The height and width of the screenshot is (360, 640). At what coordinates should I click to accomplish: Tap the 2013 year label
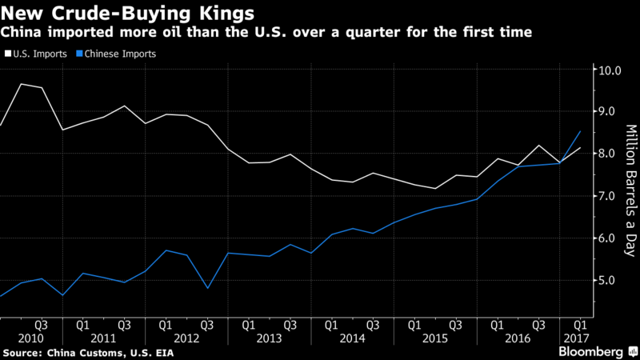coord(269,339)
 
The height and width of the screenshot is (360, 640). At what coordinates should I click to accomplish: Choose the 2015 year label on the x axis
coord(434,339)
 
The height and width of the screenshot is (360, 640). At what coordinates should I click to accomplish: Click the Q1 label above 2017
coord(579,326)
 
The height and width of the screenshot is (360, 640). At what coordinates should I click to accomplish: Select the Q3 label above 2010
coord(41,326)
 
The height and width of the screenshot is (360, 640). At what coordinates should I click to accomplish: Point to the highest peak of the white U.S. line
coord(22,84)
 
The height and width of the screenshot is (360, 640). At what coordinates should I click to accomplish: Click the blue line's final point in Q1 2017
coord(580,131)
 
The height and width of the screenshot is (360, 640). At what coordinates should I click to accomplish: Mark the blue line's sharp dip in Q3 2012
coord(207,288)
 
